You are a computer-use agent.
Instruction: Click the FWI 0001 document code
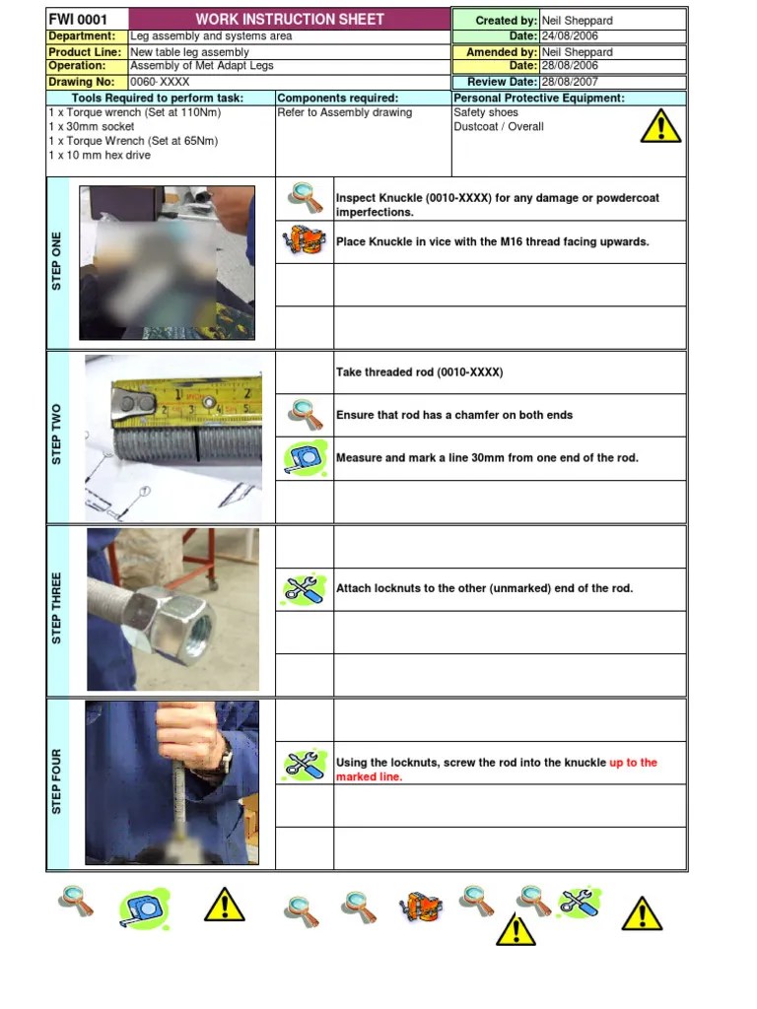coord(78,20)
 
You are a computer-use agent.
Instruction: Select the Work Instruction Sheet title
coord(290,20)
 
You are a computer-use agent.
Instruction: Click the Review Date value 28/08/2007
coord(570,83)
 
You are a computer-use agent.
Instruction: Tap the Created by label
coord(506,21)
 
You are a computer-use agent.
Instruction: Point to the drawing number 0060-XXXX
coord(160,83)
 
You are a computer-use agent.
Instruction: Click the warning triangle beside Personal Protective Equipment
coord(659,125)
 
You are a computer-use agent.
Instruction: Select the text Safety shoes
coord(486,113)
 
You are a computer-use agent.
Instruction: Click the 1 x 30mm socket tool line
coord(92,127)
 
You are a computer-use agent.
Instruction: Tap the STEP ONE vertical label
coord(57,261)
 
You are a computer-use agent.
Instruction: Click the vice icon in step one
coord(304,241)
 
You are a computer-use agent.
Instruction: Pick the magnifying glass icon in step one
coord(305,199)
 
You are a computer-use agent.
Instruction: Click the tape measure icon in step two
coord(304,458)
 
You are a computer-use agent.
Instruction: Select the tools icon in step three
coord(304,588)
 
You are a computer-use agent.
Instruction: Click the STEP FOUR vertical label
coord(57,781)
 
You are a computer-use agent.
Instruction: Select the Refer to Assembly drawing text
coord(344,113)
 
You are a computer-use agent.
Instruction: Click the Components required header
coord(338,99)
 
